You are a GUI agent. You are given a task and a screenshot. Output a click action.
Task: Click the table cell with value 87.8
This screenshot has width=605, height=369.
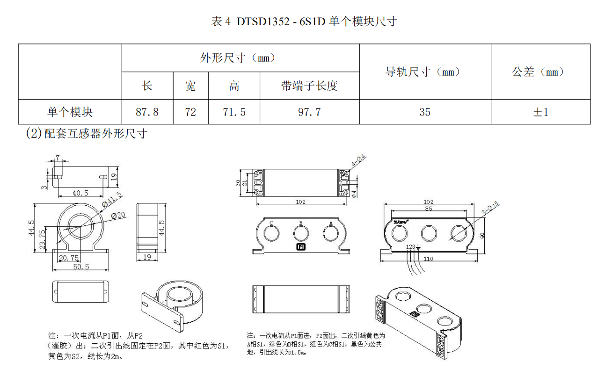(147, 112)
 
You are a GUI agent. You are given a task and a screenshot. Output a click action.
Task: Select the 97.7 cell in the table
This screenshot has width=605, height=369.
(309, 112)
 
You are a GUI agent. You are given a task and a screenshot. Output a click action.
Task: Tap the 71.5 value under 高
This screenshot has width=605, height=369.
(234, 112)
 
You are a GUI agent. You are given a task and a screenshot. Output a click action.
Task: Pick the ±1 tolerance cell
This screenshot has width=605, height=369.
(540, 112)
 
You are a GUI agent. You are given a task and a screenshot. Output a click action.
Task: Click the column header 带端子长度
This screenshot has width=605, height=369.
(309, 86)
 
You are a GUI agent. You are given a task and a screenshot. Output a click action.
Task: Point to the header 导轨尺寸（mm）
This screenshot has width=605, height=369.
(424, 72)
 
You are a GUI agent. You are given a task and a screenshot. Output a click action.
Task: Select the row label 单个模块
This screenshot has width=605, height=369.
(70, 112)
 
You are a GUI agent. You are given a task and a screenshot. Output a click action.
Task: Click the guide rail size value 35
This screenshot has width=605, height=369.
(424, 112)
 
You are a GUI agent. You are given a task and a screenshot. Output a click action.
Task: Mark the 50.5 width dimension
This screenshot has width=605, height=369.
(80, 267)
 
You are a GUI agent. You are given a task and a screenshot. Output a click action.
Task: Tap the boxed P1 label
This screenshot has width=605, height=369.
(301, 246)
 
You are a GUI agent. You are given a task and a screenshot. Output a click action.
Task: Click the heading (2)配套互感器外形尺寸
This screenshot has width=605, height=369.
(87, 134)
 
